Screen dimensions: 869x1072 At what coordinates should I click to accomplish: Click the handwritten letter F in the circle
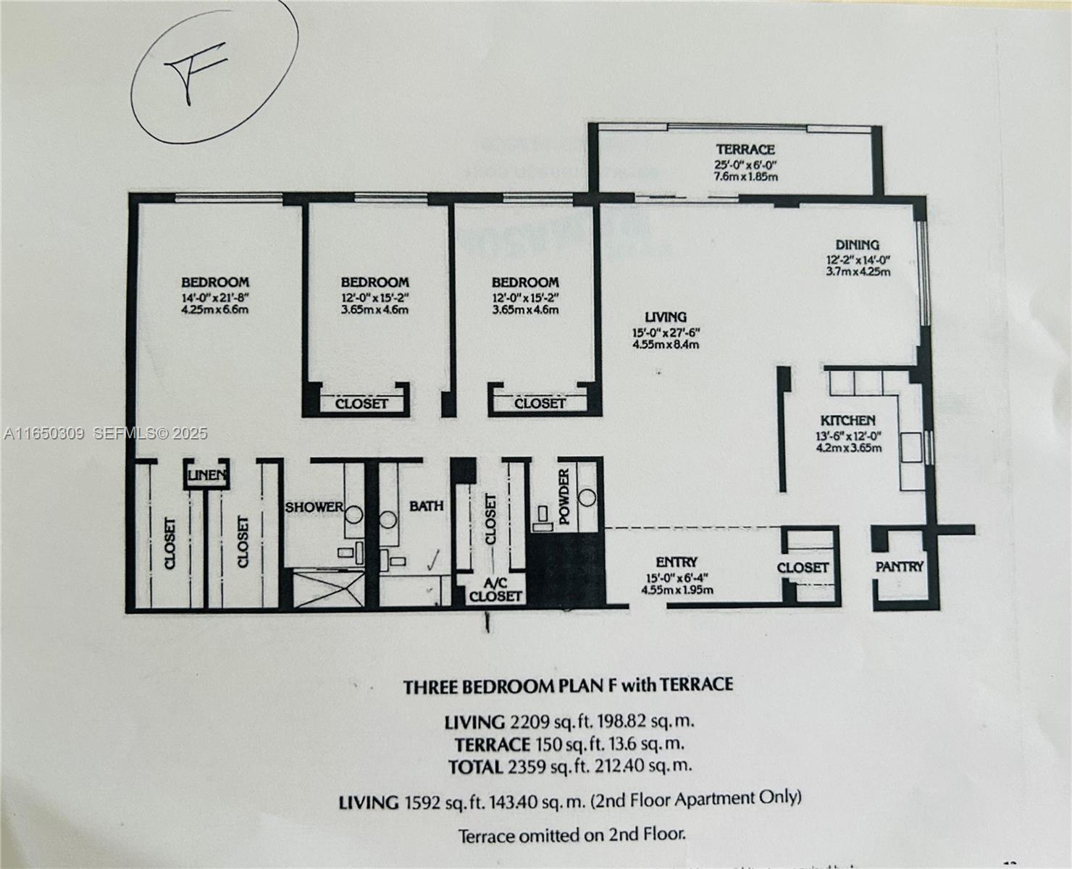click(194, 72)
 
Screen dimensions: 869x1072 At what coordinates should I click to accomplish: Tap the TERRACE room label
click(745, 149)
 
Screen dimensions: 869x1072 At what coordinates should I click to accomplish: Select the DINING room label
click(857, 245)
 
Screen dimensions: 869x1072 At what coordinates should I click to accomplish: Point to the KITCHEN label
click(847, 420)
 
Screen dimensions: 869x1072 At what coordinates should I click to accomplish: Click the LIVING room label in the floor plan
click(665, 316)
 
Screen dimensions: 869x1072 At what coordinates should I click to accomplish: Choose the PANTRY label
click(899, 566)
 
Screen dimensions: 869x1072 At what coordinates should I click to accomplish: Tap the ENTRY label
click(677, 562)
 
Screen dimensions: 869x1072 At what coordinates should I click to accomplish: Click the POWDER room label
click(564, 496)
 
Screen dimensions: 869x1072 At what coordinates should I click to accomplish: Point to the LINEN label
click(207, 476)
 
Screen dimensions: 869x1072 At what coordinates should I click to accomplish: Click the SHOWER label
click(313, 507)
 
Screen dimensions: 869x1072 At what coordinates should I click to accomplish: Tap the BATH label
click(426, 505)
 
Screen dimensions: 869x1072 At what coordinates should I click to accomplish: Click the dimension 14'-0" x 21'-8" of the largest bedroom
click(214, 297)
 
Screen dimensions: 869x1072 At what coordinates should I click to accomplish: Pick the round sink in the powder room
click(587, 498)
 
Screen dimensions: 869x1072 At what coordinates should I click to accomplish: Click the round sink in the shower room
click(353, 516)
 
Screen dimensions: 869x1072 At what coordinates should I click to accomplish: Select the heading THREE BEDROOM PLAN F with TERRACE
click(568, 685)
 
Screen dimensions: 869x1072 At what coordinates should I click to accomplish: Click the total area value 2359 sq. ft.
click(535, 766)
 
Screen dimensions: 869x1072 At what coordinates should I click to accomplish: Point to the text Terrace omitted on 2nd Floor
click(571, 835)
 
